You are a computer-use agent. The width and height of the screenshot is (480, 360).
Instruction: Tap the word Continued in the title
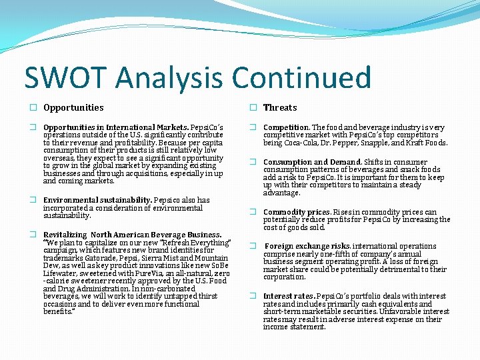pos(301,77)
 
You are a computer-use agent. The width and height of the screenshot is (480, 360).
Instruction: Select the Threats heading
pos(280,107)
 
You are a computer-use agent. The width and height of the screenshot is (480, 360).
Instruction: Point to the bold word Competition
pos(286,127)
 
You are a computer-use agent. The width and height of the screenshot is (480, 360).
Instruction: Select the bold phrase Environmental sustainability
pos(97,200)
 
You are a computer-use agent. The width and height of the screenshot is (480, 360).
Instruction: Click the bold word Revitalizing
pos(65,235)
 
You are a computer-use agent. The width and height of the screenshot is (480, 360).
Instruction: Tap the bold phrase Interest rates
pos(289,296)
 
